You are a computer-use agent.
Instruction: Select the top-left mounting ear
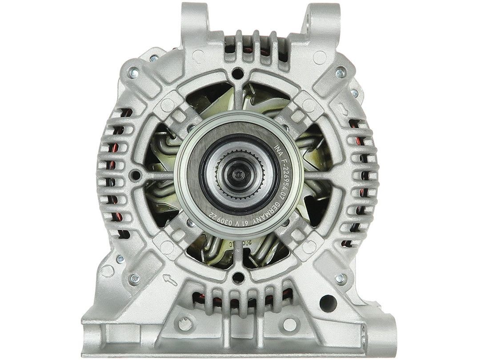click(x=194, y=20)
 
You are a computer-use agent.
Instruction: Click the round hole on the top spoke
click(x=238, y=72)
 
